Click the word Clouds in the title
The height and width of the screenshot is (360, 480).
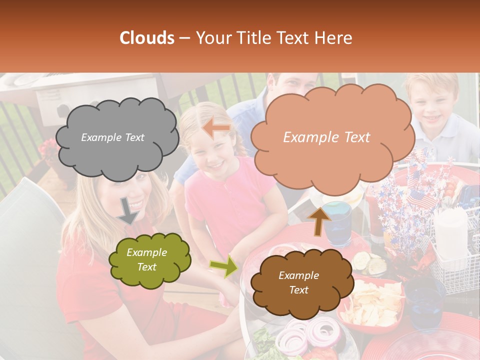click(147, 38)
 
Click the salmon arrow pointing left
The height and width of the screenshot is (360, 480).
click(216, 129)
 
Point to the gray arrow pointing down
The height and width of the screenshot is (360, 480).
click(128, 210)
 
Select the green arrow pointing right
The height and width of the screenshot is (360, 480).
click(224, 266)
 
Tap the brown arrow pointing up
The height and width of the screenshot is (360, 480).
click(319, 220)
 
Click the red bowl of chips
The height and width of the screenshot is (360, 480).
click(372, 302)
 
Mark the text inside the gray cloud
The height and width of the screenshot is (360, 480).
click(112, 137)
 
